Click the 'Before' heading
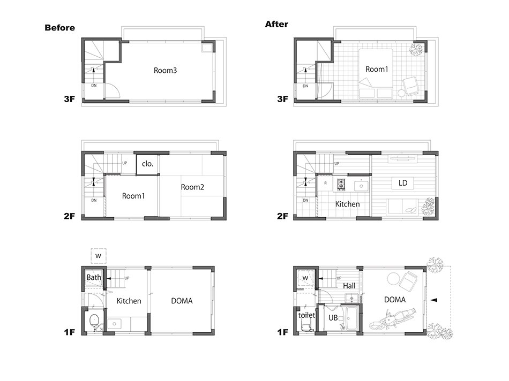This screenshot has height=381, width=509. pyautogui.click(x=59, y=28)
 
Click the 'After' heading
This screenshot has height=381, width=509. pyautogui.click(x=276, y=24)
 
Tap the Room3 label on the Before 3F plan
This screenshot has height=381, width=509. pyautogui.click(x=165, y=70)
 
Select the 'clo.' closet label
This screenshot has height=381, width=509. pyautogui.click(x=147, y=164)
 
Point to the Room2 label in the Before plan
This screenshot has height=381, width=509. pyautogui.click(x=192, y=187)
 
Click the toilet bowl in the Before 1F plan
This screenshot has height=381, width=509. pyautogui.click(x=94, y=320)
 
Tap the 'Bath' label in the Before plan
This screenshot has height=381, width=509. pyautogui.click(x=93, y=278)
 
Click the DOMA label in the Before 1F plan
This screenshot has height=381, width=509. pyautogui.click(x=182, y=301)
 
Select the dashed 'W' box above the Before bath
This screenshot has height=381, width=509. pyautogui.click(x=99, y=256)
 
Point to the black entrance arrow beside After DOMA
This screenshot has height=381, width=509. pyautogui.click(x=433, y=300)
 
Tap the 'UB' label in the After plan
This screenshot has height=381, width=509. pyautogui.click(x=333, y=318)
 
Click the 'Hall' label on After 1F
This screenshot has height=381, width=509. pyautogui.click(x=349, y=286)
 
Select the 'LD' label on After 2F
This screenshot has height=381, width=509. pyautogui.click(x=402, y=183)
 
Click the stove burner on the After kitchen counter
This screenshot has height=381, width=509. pyautogui.click(x=341, y=184)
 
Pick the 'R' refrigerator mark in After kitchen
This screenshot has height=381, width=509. pyautogui.click(x=325, y=183)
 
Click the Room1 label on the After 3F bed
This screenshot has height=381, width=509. pyautogui.click(x=377, y=69)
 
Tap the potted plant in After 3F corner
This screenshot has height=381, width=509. pyautogui.click(x=416, y=50)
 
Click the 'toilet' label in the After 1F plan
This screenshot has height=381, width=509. pyautogui.click(x=306, y=315)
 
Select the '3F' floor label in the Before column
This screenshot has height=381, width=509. pyautogui.click(x=70, y=99)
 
